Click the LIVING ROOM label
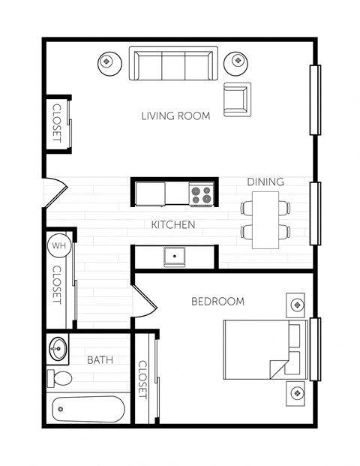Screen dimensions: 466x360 pos(175,116)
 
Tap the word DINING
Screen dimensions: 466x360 pos(265,182)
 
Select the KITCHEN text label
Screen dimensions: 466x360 pos(173,224)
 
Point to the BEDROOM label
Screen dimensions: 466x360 pos(217,302)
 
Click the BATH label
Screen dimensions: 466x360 pos(100,360)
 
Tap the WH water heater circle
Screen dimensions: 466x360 pos(58,245)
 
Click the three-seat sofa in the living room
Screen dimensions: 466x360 pos(173,64)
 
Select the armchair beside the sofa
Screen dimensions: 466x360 pos(237,99)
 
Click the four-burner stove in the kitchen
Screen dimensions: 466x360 pos(201,195)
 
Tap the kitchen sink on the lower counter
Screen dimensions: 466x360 pos(175,257)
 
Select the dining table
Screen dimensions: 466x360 pos(265,220)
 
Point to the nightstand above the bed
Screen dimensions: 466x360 pos(298,305)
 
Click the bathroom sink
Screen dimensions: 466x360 pos(58,349)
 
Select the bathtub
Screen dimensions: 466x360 pos(88,410)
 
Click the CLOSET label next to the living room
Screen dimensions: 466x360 pos(57,123)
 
